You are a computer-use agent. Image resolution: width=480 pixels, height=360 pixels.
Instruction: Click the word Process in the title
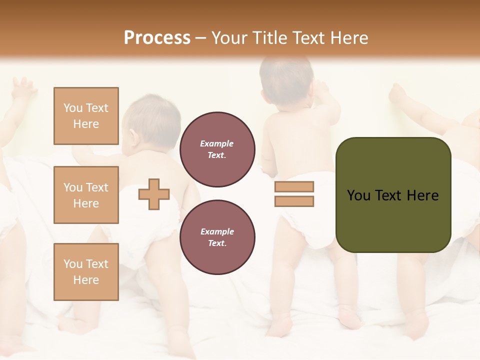tap(157, 38)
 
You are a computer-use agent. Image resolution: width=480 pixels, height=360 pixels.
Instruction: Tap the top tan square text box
tap(86, 116)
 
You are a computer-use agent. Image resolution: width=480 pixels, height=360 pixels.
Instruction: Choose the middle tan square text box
tap(86, 195)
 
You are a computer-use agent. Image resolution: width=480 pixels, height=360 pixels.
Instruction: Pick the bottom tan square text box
tap(86, 272)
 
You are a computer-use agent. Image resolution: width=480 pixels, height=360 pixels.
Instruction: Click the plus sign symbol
tap(154, 193)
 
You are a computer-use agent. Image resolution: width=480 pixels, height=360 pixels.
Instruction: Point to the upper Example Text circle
tap(217, 149)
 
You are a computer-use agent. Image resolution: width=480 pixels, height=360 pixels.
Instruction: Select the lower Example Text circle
tap(217, 237)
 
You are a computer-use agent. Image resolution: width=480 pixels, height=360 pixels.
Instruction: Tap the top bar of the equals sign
tap(294, 187)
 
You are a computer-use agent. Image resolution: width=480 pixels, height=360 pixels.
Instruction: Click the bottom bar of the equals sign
tap(294, 201)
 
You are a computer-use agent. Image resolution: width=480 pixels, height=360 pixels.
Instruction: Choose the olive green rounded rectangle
tap(393, 194)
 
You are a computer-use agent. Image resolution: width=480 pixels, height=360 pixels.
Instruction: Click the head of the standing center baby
tap(286, 80)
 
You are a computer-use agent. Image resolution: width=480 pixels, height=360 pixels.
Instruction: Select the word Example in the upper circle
tap(216, 143)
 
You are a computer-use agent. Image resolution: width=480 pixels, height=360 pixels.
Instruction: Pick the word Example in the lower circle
tap(216, 231)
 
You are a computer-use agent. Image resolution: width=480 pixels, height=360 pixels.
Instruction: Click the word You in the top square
tap(72, 108)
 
